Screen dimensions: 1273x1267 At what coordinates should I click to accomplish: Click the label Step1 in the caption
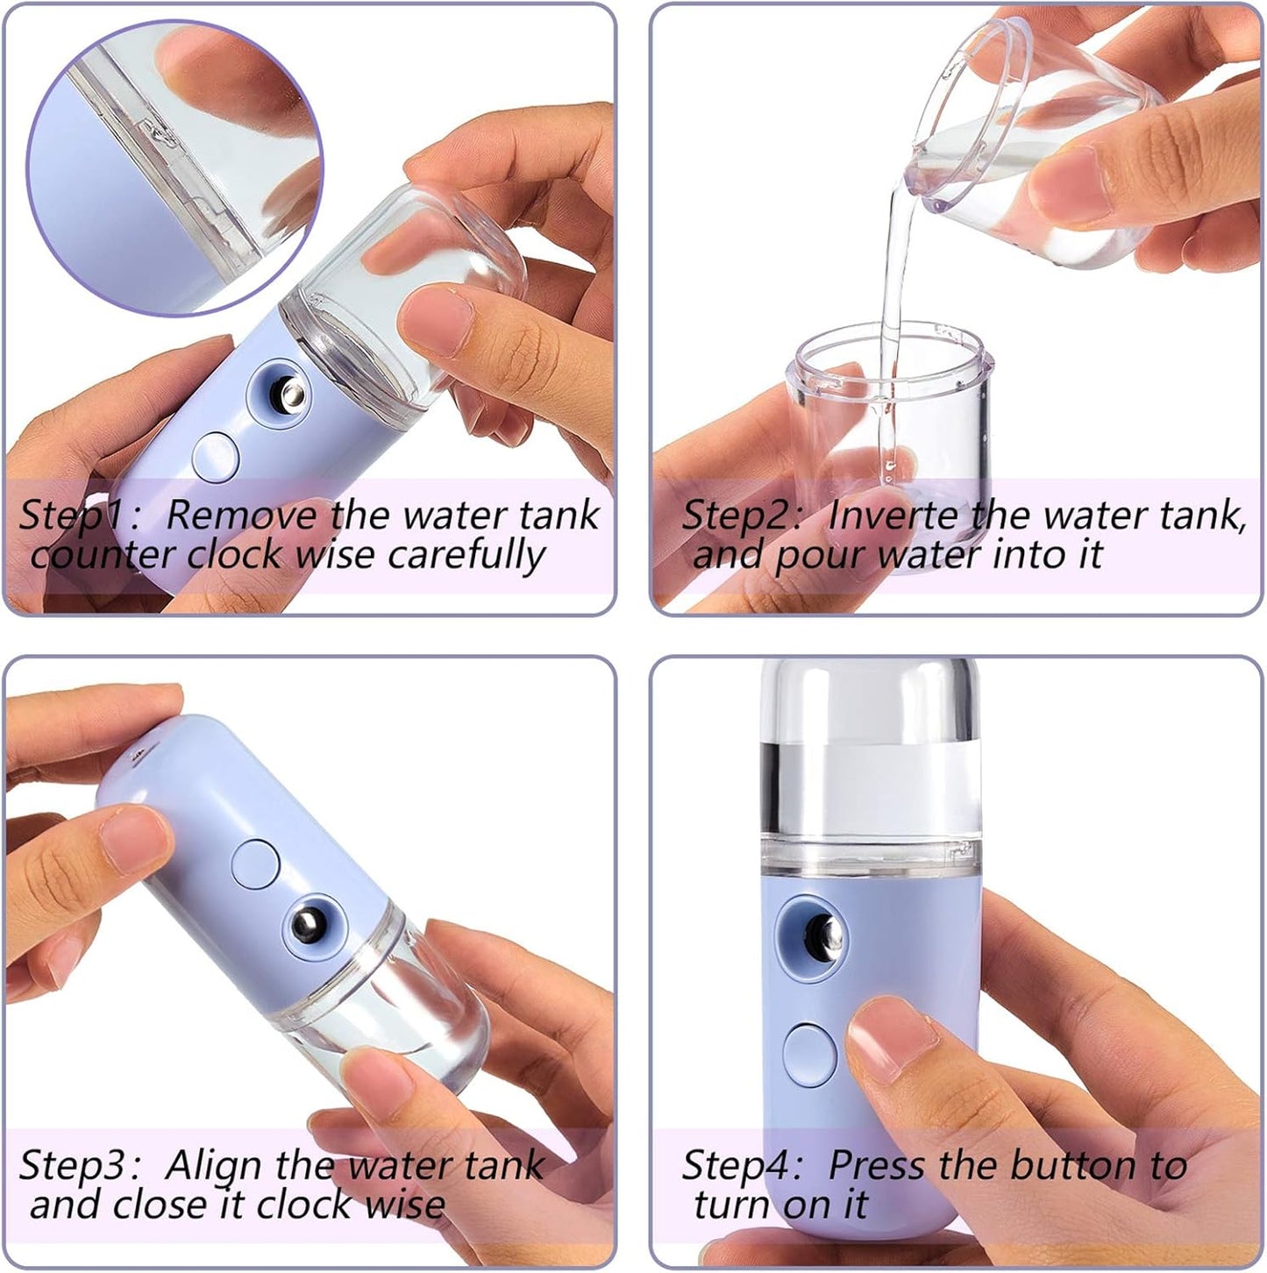click(71, 516)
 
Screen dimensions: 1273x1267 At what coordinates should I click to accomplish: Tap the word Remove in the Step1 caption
click(242, 516)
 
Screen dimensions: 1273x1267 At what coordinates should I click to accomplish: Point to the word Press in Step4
click(876, 1165)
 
